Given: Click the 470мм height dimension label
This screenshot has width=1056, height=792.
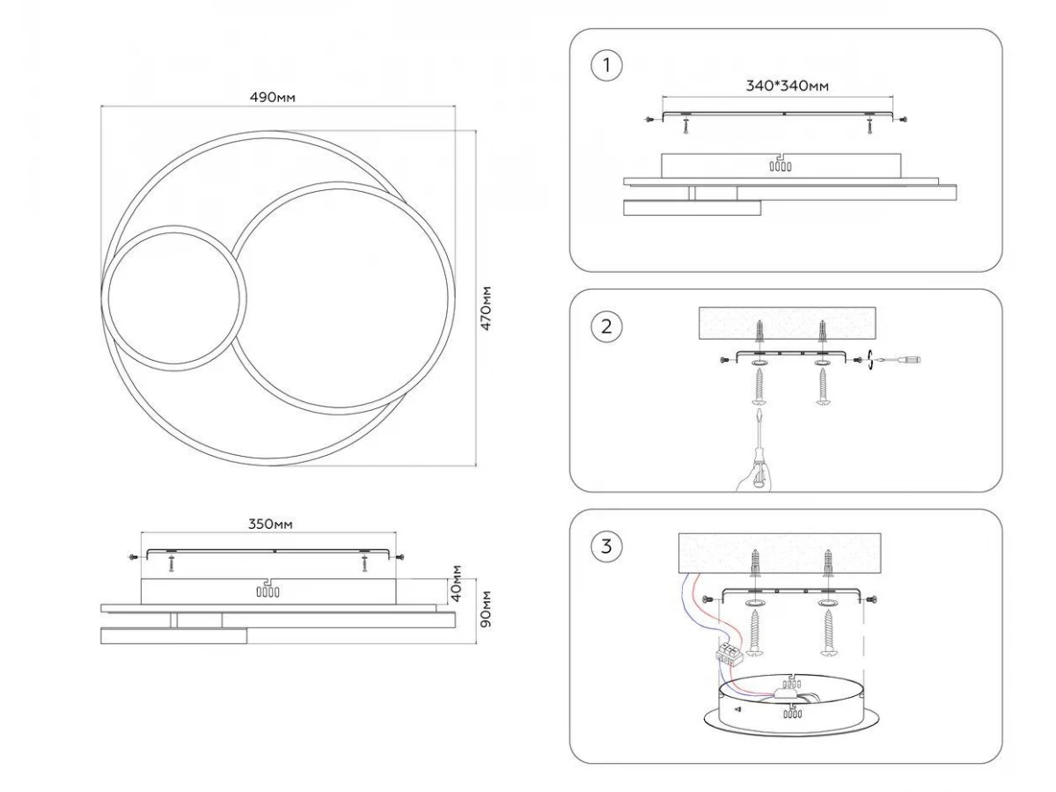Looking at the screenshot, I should click(485, 308).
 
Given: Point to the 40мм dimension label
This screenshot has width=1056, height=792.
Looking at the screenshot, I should click(457, 583).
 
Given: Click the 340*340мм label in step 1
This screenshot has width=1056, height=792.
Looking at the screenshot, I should click(787, 85).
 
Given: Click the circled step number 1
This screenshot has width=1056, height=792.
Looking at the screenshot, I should click(605, 65).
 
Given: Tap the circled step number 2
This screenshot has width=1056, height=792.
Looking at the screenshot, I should click(605, 327).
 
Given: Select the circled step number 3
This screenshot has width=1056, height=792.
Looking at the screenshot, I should click(605, 546).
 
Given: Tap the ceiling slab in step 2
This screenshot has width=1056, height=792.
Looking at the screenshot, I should click(787, 323).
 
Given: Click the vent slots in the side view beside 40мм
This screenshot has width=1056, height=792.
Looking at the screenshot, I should click(268, 591).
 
